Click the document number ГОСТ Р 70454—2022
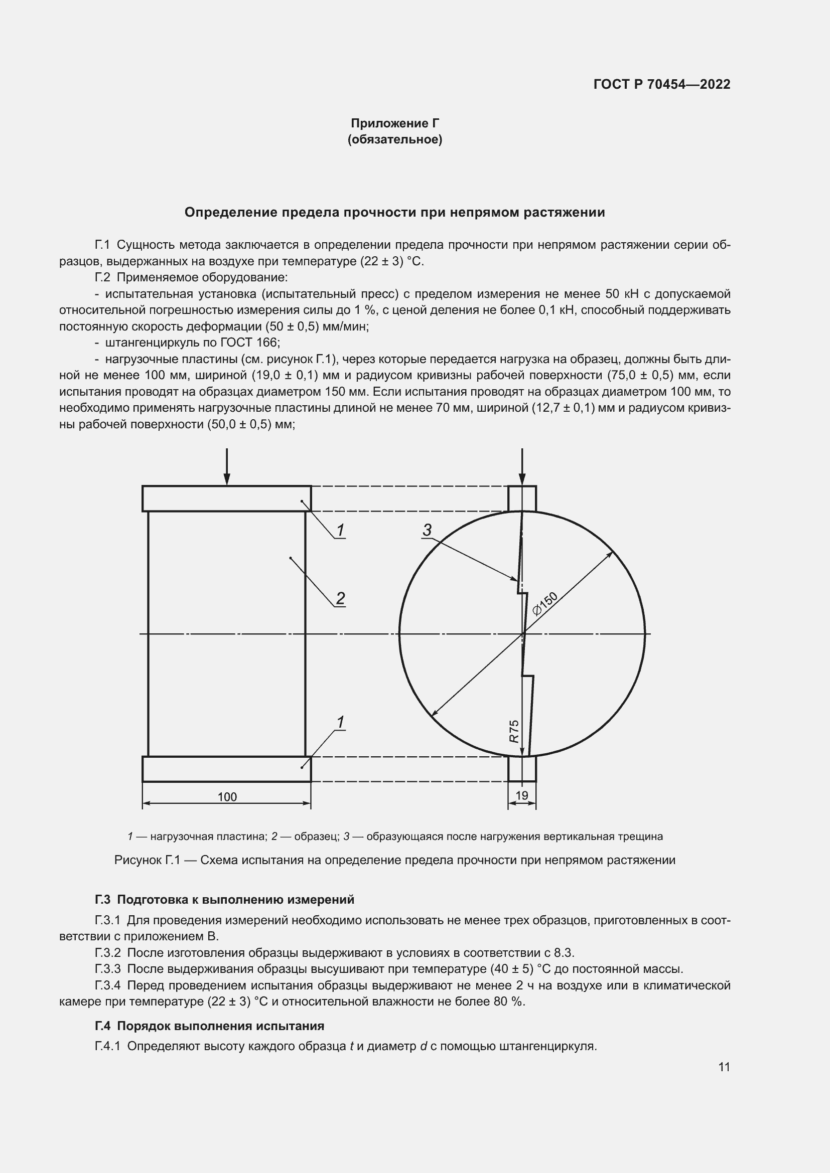click(661, 84)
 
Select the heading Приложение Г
click(394, 123)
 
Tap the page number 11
click(724, 1067)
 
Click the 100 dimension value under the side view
click(227, 797)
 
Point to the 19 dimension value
click(522, 795)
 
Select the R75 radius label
click(514, 731)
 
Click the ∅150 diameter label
click(545, 603)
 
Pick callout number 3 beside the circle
click(427, 530)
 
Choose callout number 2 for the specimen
click(340, 598)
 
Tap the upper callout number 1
click(340, 530)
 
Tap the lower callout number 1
click(340, 722)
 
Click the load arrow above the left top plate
click(227, 466)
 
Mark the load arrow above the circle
click(522, 466)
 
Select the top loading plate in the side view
click(226, 498)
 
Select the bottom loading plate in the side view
click(226, 769)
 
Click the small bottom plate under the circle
click(522, 769)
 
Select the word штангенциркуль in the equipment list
click(138, 343)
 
